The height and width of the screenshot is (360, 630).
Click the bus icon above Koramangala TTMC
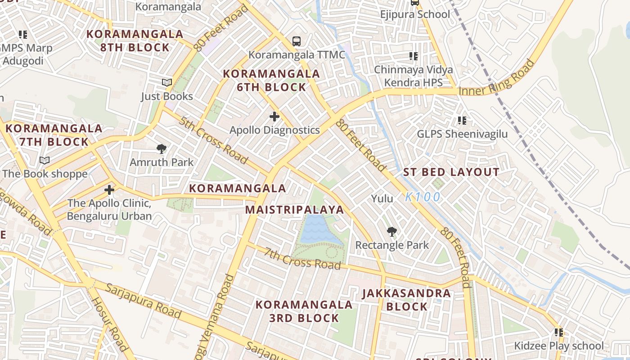296,41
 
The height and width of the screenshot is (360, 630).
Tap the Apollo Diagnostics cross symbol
274,117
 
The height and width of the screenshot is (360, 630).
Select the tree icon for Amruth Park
161,149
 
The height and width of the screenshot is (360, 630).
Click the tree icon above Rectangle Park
392,232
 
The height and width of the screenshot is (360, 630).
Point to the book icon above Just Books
167,83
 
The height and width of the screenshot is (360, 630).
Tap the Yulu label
382,198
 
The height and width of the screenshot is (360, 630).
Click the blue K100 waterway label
422,197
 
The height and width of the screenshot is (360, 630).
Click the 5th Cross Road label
213,140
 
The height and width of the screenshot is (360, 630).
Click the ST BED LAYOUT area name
451,172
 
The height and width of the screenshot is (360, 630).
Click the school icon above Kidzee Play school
558,333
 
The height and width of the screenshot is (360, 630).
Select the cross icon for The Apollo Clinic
109,190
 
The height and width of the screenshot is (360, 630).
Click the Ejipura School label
414,14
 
